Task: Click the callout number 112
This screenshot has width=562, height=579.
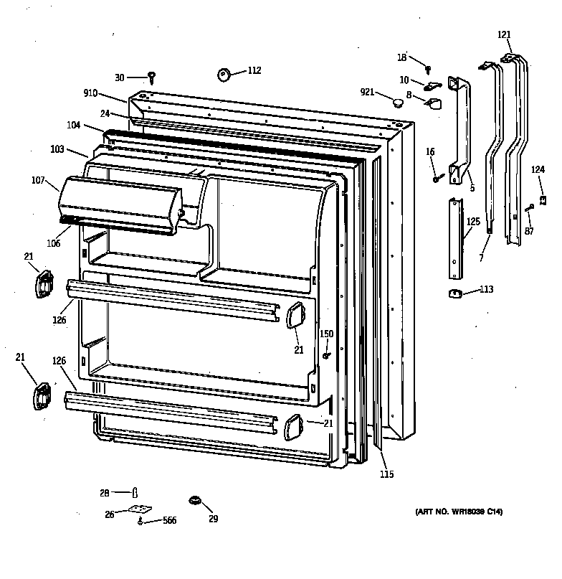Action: point(254,70)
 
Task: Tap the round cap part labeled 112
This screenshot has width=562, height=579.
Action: point(224,74)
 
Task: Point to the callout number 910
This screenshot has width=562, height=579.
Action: point(91,93)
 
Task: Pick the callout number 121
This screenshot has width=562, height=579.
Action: point(505,34)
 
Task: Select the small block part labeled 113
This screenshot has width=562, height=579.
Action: point(453,291)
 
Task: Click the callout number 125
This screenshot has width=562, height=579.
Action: point(473,222)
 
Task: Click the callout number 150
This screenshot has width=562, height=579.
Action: point(326,334)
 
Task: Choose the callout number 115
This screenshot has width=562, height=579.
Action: point(386,474)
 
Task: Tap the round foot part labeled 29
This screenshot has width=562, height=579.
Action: point(194,499)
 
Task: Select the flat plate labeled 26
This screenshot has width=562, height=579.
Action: point(139,510)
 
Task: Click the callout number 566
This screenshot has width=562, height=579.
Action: point(169,522)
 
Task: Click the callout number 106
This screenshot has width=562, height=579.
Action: point(54,243)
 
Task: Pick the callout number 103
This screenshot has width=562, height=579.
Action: point(58,149)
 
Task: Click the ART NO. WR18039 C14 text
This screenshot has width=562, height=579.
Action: point(459,511)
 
